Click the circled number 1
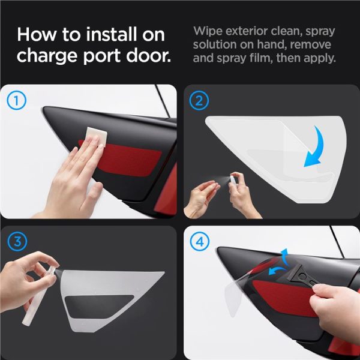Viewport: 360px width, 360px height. click(x=17, y=100)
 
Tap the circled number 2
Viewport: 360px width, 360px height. click(x=199, y=100)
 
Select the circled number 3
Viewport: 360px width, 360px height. click(x=17, y=242)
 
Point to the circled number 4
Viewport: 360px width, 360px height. click(x=200, y=242)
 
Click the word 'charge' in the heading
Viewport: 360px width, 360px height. click(x=47, y=56)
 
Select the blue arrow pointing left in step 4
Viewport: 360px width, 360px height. click(x=277, y=271)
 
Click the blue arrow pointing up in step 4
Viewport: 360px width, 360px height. click(x=284, y=256)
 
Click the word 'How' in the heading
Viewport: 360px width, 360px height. click(x=36, y=34)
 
